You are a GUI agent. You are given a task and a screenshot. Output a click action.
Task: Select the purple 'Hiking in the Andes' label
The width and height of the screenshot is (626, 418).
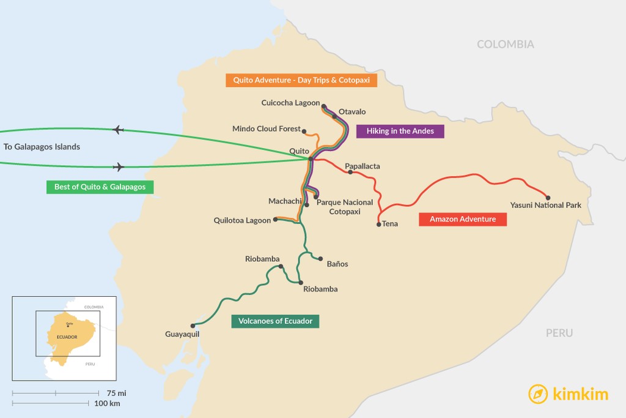coord(400,131)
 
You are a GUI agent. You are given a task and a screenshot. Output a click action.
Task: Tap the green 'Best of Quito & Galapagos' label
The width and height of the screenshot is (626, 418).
coord(100,187)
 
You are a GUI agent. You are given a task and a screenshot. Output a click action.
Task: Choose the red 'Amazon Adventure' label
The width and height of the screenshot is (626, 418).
coord(463,219)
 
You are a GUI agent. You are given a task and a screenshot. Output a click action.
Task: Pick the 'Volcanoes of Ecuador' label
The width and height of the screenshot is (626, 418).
coord(275,321)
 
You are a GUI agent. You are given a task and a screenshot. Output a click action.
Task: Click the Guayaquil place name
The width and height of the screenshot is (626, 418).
coord(182,334)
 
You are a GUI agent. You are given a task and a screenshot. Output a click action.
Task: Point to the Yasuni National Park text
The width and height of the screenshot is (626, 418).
coord(546,206)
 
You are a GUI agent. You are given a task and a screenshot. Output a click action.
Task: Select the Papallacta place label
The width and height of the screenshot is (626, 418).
coord(363,166)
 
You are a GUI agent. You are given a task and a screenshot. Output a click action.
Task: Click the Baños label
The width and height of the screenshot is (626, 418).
coord(337,264)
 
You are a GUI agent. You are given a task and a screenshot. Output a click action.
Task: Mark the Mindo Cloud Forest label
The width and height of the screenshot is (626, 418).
coord(267,129)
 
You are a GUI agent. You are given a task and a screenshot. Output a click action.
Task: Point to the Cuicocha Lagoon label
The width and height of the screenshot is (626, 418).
coord(290,103)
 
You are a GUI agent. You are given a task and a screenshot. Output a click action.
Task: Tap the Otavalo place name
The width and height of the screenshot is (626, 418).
coord(352,112)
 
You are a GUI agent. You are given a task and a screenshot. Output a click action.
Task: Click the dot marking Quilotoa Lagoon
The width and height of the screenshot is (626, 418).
coord(276,219)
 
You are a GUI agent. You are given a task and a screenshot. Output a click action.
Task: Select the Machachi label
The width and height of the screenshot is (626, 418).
coord(285,201)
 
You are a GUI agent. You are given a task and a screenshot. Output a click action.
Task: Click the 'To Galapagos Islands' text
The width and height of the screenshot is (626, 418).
coord(42,147)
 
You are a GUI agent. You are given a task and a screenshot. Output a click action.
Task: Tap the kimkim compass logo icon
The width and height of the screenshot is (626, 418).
coord(538,394)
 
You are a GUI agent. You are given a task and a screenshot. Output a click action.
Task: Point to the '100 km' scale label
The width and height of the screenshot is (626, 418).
coord(107,403)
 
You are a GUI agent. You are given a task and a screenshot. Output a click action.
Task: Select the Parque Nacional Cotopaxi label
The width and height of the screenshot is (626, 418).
coord(345,207)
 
